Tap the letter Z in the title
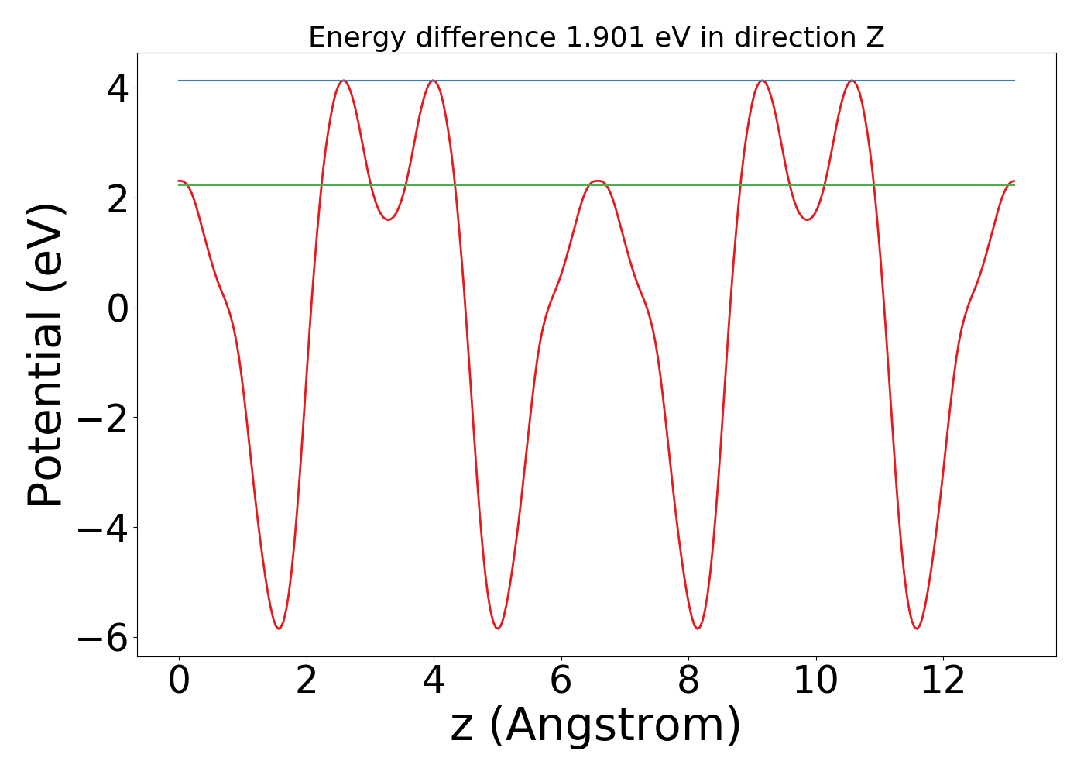(876, 37)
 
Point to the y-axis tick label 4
(118, 88)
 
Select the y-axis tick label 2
(118, 198)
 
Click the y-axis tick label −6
(102, 638)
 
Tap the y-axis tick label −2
(102, 418)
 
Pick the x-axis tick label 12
(944, 680)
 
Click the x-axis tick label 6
(561, 680)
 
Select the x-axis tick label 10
(816, 680)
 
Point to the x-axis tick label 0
(179, 680)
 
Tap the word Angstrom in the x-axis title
(615, 726)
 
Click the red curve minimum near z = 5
(498, 628)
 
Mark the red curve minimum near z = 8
(698, 628)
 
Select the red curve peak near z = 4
(434, 81)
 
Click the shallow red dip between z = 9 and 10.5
(808, 219)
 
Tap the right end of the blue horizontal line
(1014, 81)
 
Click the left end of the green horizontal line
(179, 185)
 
